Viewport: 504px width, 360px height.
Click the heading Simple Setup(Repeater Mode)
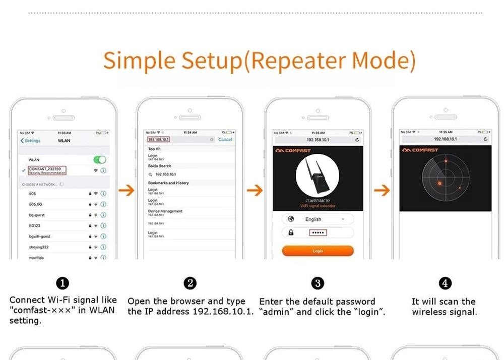pyautogui.click(x=260, y=61)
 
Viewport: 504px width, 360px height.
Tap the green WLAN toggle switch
pyautogui.click(x=100, y=160)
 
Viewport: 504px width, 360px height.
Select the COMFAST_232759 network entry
pyautogui.click(x=47, y=170)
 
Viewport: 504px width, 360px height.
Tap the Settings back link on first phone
pyautogui.click(x=30, y=141)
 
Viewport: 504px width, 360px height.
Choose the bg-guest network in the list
pyautogui.click(x=37, y=215)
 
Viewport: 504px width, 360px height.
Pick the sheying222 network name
pyautogui.click(x=39, y=247)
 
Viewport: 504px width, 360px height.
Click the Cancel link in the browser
pyautogui.click(x=225, y=140)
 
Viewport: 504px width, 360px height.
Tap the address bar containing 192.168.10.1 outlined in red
pyautogui.click(x=159, y=139)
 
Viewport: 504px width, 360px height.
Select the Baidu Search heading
pyautogui.click(x=160, y=166)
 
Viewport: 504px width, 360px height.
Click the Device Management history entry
pyautogui.click(x=165, y=212)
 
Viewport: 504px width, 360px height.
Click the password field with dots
pyautogui.click(x=318, y=232)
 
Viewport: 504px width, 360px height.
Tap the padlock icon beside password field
pyautogui.click(x=291, y=232)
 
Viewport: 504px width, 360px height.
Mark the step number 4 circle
pyautogui.click(x=445, y=283)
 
